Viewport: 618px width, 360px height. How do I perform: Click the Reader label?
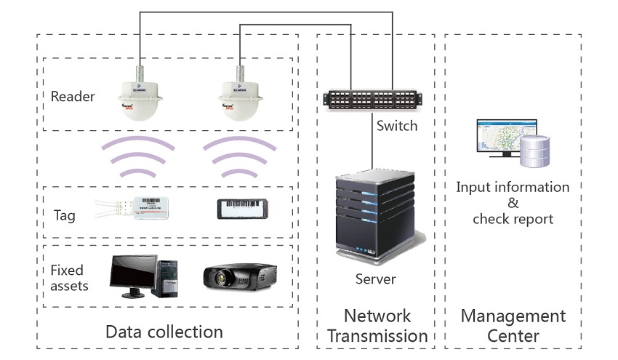click(73, 96)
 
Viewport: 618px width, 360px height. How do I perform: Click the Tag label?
click(64, 215)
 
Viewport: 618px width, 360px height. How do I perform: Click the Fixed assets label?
click(70, 278)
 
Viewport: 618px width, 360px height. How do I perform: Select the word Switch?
click(397, 126)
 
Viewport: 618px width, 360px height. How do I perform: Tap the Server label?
click(375, 279)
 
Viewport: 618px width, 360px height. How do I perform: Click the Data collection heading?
click(164, 332)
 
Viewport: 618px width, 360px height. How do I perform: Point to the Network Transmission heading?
click(377, 326)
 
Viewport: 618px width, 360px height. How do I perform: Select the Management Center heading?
click(513, 326)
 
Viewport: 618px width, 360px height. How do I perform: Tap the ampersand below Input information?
click(513, 203)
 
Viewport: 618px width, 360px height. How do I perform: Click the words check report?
click(513, 219)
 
